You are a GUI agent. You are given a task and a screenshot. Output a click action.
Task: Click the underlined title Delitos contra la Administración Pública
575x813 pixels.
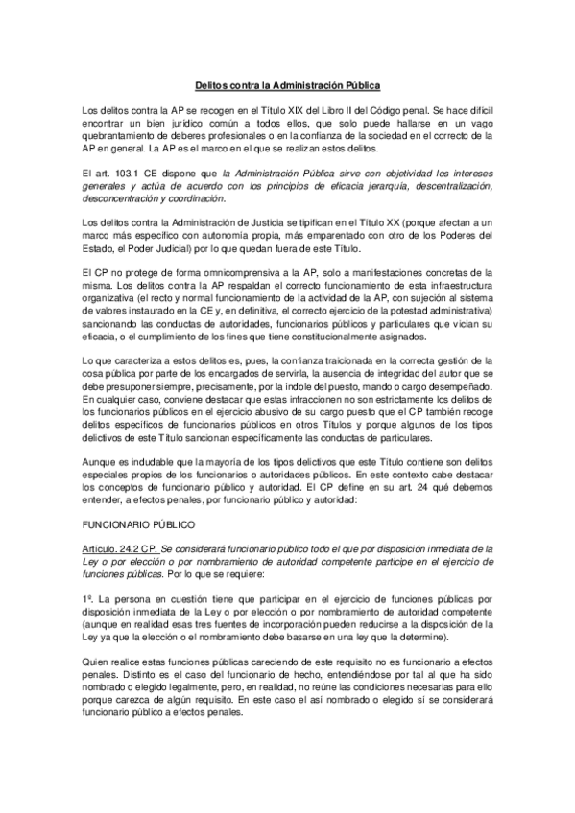pos(287,84)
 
